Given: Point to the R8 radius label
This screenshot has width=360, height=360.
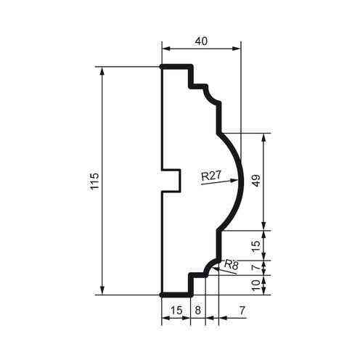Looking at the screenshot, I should pyautogui.click(x=232, y=265).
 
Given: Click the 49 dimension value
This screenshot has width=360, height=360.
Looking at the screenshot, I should pyautogui.click(x=256, y=181).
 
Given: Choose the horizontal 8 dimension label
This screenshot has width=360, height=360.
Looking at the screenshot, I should pyautogui.click(x=197, y=310).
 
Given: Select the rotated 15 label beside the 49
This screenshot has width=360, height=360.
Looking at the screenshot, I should pyautogui.click(x=256, y=245).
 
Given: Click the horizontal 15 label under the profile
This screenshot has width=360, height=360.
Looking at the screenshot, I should pyautogui.click(x=175, y=310).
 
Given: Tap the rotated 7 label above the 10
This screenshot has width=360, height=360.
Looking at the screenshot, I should pyautogui.click(x=256, y=266).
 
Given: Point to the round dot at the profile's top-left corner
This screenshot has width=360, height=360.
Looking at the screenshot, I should pyautogui.click(x=160, y=66).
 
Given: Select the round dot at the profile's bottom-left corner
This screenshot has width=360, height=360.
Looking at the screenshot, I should pyautogui.click(x=160, y=295).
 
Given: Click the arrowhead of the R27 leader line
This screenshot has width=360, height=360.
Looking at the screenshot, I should pyautogui.click(x=234, y=179).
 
